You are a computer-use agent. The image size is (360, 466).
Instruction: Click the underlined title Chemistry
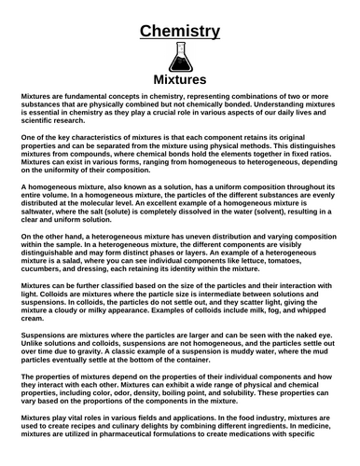(180, 34)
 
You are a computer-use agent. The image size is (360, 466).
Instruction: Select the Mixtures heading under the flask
(180, 79)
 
